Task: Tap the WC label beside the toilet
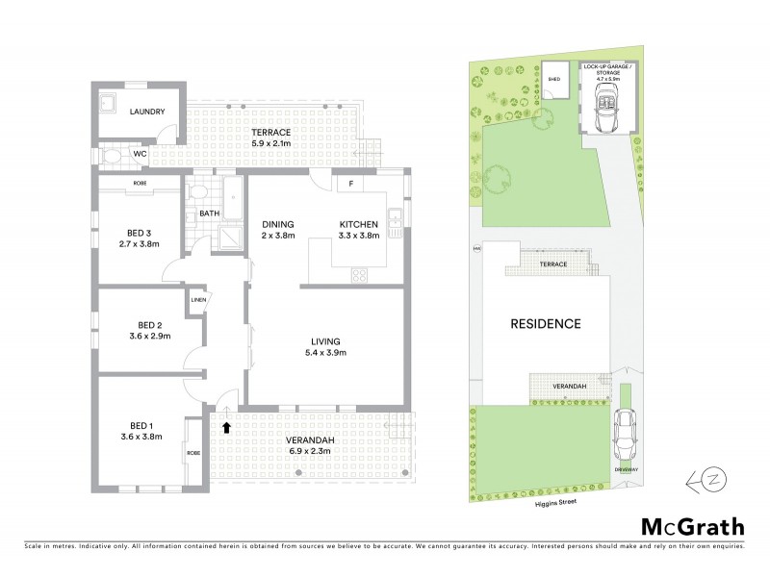(x=139, y=153)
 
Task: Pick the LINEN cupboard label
(x=199, y=300)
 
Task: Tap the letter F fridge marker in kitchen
(x=351, y=184)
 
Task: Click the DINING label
(x=278, y=225)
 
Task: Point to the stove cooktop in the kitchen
(x=360, y=275)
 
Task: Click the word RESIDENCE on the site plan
(x=546, y=323)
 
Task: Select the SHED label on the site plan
(x=553, y=79)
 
